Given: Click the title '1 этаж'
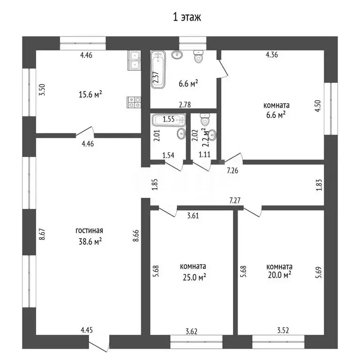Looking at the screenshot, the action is coord(187,17).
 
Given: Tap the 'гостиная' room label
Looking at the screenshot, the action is coord(90,231).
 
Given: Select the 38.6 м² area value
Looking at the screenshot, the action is coord(90,241).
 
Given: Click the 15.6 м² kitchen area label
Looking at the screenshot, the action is coord(90,94).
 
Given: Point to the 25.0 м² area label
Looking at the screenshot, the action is coord(194,277).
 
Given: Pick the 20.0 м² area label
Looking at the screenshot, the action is coord(279,275).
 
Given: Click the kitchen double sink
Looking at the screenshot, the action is coord(135,60).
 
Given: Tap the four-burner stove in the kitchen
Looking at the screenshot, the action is coord(135,102).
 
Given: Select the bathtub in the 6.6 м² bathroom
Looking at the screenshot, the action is coord(158,69).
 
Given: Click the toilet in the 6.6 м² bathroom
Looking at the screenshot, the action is coord(198,56).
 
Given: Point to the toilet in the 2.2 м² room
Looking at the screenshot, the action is coord(204,119).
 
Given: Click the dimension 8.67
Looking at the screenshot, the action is coord(42,234).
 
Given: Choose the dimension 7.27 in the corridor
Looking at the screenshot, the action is coord(235,201).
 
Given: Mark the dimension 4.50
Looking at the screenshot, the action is coord(318,106).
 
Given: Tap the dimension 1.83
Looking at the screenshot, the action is coord(319,185).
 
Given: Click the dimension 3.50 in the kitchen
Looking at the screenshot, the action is coord(42,90).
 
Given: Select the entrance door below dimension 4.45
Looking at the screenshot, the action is coord(99,344).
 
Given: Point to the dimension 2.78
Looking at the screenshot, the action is coord(185,105).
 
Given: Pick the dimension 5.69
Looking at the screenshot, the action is coord(318,272).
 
